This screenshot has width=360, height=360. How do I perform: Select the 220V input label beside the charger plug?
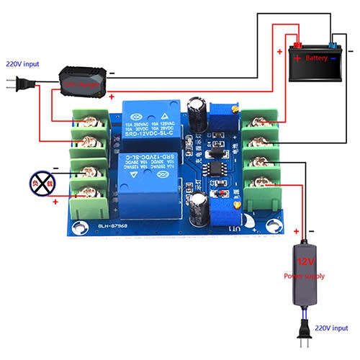click(22, 63)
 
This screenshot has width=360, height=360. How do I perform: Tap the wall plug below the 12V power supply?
click(305, 330)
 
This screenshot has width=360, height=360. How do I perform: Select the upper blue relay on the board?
click(149, 118)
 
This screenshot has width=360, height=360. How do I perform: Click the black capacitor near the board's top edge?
click(194, 109)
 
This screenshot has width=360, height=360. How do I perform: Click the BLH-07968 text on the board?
click(112, 225)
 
